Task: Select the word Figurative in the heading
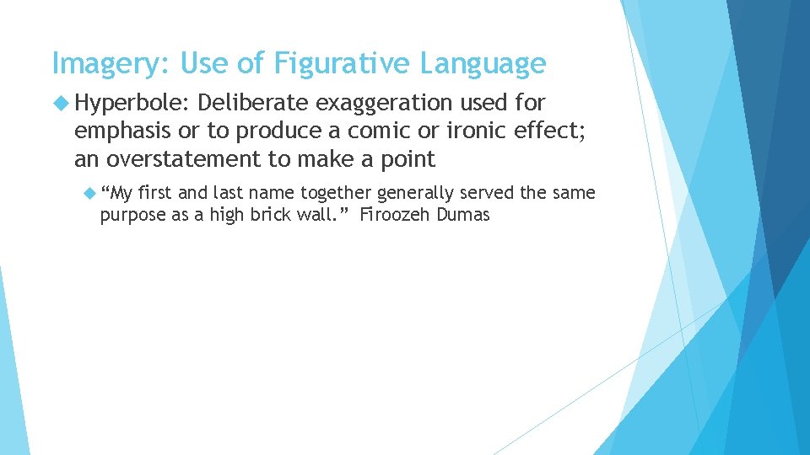pos(317,64)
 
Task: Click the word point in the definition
pos(408,159)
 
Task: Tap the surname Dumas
pos(462,214)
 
